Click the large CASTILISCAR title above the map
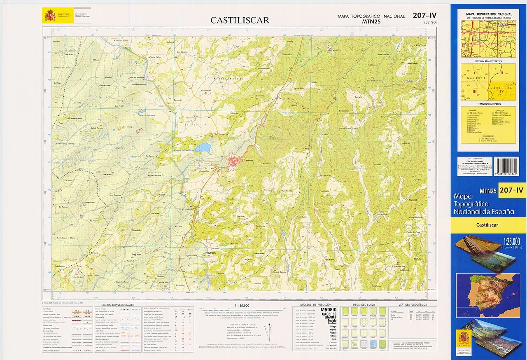click(x=240, y=20)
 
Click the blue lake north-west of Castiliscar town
click(x=203, y=147)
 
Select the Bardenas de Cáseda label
click(x=62, y=68)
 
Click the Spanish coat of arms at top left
click(x=50, y=16)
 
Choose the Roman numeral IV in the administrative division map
click(x=501, y=91)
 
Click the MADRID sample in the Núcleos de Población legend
click(x=328, y=309)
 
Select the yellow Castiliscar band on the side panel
click(x=487, y=225)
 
